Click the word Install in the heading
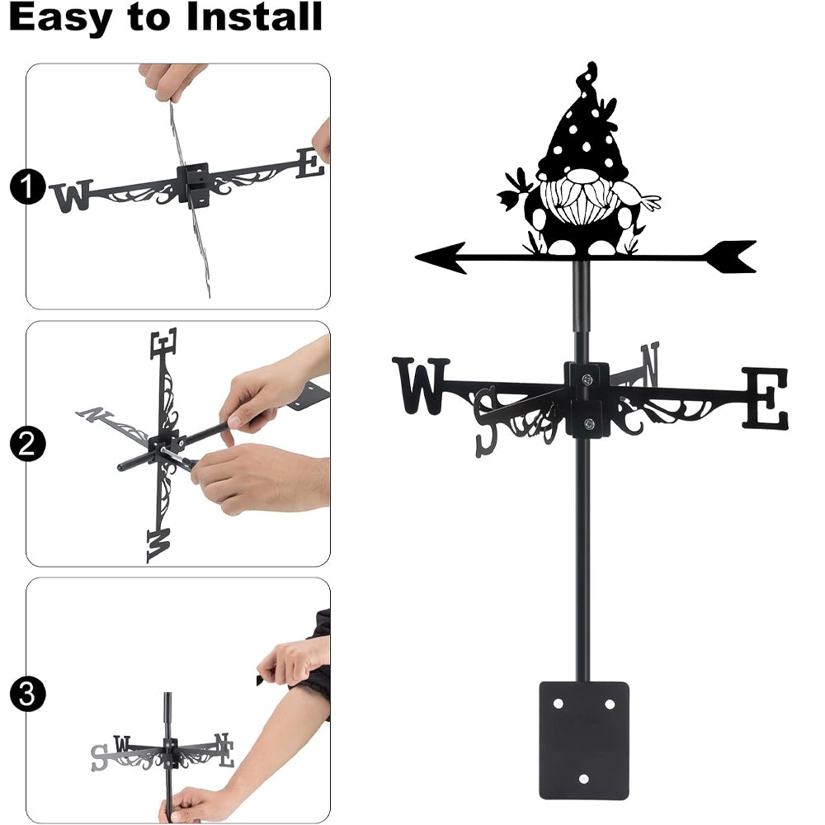[x=254, y=16]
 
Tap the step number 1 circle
[x=27, y=186]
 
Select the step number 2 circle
[x=27, y=444]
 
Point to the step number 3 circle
[x=27, y=694]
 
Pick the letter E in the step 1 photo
[x=310, y=163]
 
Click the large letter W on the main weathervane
[x=421, y=385]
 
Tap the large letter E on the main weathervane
[x=766, y=398]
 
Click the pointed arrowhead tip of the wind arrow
[x=416, y=257]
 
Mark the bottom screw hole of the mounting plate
[x=583, y=779]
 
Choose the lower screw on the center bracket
[x=589, y=423]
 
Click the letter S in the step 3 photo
[x=99, y=757]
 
